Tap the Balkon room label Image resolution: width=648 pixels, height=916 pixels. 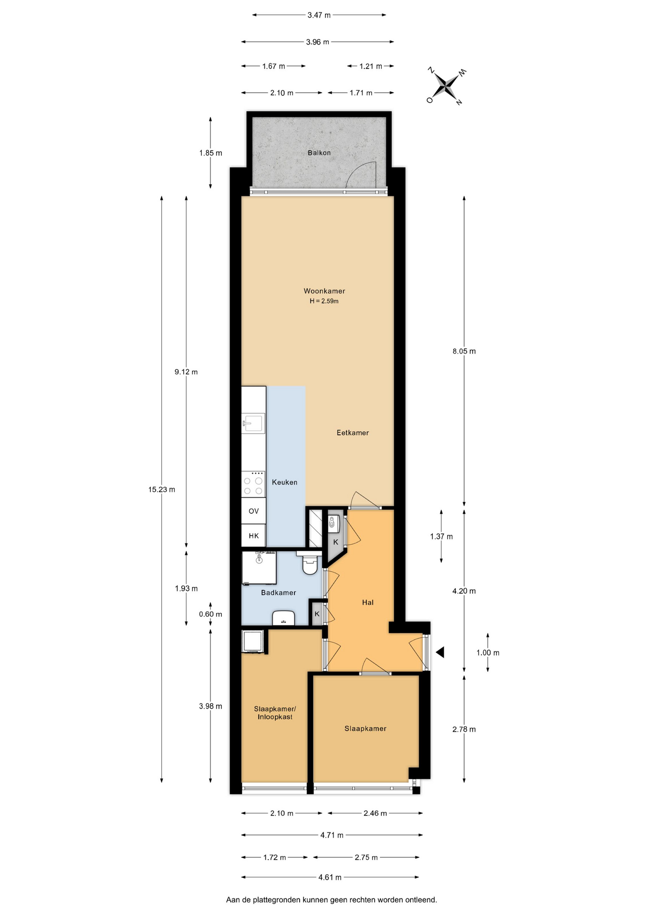319,153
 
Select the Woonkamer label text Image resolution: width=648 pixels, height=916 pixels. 324,291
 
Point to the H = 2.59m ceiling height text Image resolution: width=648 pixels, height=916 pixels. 324,301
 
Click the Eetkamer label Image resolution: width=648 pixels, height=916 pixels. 353,433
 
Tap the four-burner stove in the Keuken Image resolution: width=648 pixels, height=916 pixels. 253,484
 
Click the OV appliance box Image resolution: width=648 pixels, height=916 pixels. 253,511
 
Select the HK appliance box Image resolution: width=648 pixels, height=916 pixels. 253,536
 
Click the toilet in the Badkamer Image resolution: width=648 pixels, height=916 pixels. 310,563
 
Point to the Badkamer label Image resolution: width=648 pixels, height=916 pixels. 279,593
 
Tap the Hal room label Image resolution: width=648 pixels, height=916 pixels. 367,603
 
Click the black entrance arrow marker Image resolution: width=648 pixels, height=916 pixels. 440,652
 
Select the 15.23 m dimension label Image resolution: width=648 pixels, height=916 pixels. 162,489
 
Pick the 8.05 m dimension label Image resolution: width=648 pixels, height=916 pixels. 464,351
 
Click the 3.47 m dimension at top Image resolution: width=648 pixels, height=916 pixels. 319,15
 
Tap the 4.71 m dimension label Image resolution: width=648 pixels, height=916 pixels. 332,835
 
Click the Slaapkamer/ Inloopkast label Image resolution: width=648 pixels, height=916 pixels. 275,713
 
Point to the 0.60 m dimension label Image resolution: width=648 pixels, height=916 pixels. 210,614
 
